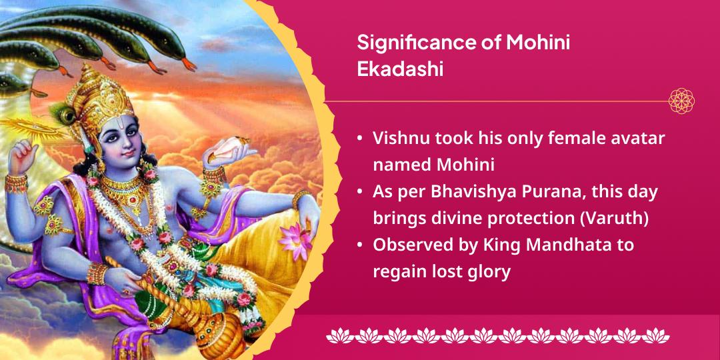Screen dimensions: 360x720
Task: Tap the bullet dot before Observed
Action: [x=360, y=245]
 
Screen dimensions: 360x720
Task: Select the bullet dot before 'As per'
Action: [x=360, y=192]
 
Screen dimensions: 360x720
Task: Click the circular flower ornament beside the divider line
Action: [x=681, y=101]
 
